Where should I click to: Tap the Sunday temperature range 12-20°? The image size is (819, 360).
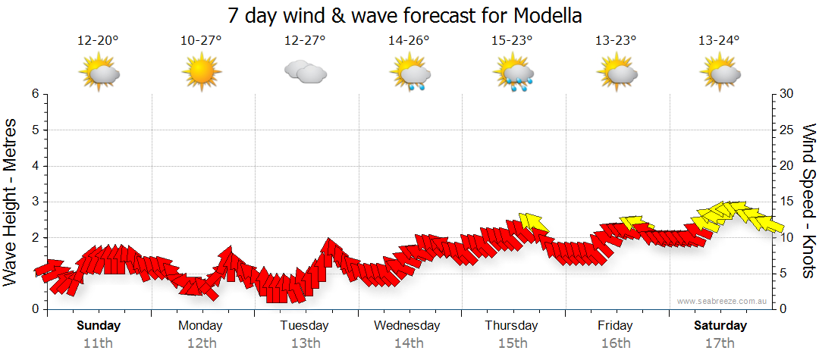coord(98,41)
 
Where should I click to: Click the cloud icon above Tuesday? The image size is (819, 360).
coord(305,72)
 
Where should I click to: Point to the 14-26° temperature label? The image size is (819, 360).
coord(409,41)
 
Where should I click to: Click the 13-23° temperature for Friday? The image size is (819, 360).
coord(616,41)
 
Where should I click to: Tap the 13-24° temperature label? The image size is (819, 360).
coord(719,41)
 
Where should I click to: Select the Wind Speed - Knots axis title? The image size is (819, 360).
coord(808,201)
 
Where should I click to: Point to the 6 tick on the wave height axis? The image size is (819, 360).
coord(35,94)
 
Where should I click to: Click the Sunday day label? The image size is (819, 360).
coord(99,326)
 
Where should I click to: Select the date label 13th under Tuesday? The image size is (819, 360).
coord(305,343)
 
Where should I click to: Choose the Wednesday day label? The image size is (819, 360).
coord(407,326)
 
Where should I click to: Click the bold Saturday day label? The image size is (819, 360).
coord(720,326)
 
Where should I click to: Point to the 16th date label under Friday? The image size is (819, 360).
coord(615,343)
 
